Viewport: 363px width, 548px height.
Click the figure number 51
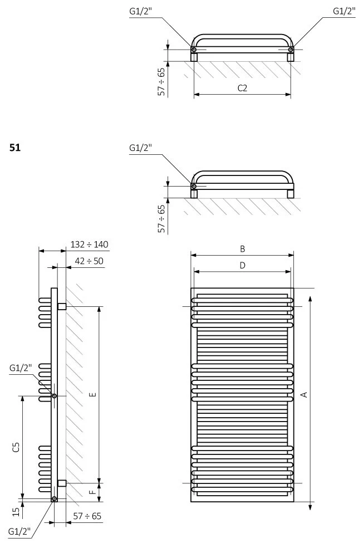click(x=15, y=148)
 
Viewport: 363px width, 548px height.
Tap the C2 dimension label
click(x=242, y=88)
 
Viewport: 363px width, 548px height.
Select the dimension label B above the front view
click(x=243, y=249)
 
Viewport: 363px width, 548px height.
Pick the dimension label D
click(x=243, y=266)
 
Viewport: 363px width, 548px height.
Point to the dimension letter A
click(x=304, y=395)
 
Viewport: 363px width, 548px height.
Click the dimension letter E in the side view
click(x=92, y=395)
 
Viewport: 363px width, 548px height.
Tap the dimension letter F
click(x=92, y=492)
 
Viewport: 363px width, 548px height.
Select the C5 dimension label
click(x=16, y=447)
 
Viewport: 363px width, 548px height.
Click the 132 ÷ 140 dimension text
click(x=90, y=244)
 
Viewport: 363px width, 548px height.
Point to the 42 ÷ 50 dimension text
click(x=89, y=261)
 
